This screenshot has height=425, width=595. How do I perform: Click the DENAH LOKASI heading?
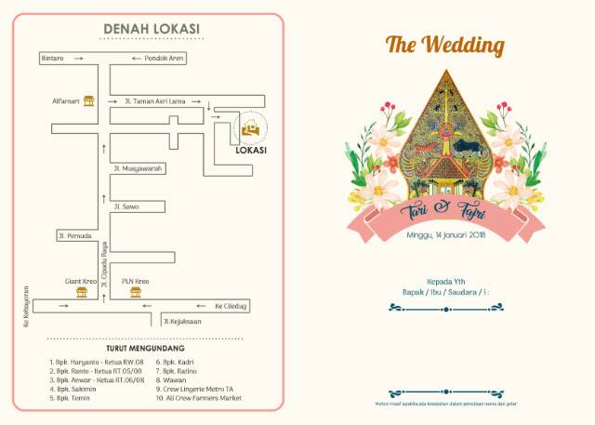coord(151,29)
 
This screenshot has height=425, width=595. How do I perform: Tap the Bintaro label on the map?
coord(52,59)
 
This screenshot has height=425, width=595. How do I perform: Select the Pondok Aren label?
coord(165,59)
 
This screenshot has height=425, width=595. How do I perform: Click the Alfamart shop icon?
coord(89,100)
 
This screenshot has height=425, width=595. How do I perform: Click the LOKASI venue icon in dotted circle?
coord(250,129)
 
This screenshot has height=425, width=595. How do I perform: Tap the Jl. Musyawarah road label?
coord(138,168)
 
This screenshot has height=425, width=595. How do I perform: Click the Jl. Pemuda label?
coord(74,235)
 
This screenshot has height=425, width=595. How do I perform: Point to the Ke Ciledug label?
coord(230,304)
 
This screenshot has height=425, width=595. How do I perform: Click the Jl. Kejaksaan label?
coord(182,321)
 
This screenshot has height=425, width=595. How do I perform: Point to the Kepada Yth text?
coord(445,281)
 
